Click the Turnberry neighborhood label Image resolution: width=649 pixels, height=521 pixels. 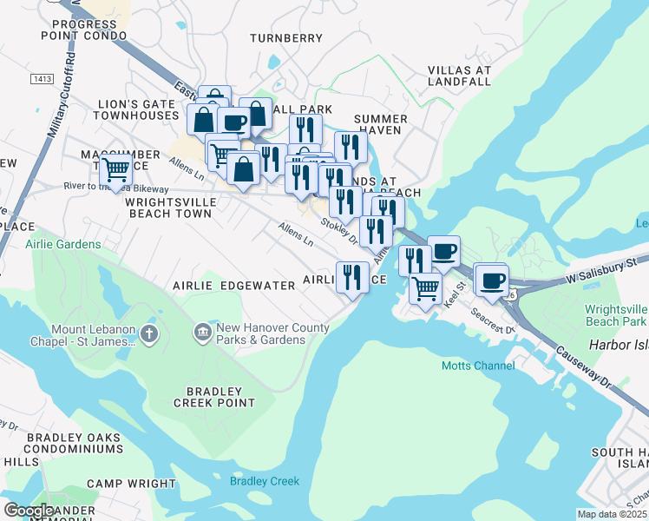coord(285,38)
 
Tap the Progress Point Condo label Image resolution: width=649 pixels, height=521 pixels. coord(83,30)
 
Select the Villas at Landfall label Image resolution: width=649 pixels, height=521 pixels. coord(460,76)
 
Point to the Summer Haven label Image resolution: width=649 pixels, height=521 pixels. coord(381,124)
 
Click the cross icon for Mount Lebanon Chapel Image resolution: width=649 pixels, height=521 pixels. coord(150,333)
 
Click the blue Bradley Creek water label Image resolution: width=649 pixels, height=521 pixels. coord(264,481)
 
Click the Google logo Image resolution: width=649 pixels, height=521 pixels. coord(29,511)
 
